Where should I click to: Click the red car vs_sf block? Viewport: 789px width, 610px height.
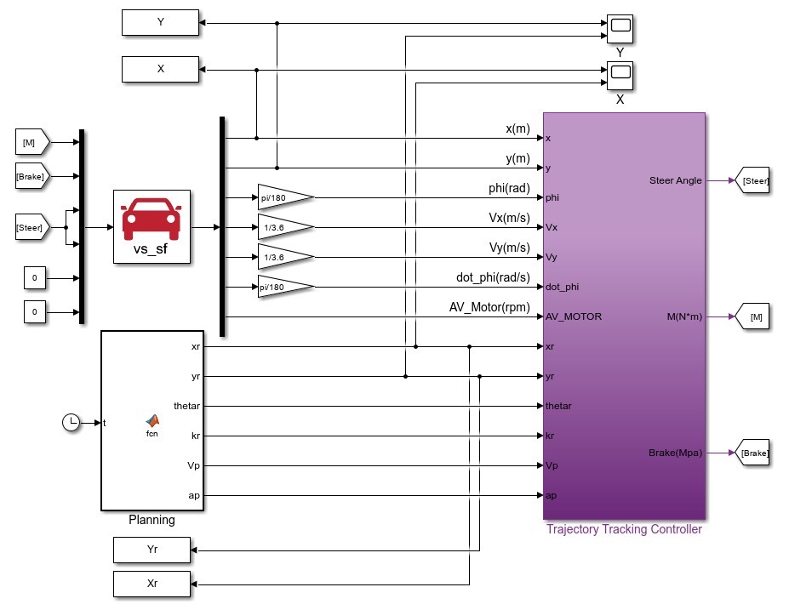pos(152,226)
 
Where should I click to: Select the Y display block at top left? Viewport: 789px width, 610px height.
pos(160,23)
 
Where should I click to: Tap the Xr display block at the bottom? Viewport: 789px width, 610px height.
pos(152,584)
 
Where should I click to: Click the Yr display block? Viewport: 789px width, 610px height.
pos(152,550)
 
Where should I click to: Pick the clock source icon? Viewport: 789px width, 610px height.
pos(71,423)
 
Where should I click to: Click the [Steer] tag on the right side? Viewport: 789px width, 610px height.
pos(752,180)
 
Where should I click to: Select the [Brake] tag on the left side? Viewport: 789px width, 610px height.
pos(32,176)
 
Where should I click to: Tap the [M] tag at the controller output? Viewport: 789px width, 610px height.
pos(752,316)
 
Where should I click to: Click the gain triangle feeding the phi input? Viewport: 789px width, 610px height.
pos(286,197)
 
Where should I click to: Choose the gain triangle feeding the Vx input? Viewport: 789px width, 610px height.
pos(286,227)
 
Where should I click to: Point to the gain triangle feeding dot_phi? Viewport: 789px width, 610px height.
pos(286,287)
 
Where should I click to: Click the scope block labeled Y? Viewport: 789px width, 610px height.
pos(620,29)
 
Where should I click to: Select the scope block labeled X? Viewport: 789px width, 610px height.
pos(620,76)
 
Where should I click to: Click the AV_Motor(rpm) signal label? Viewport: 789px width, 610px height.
pos(489,307)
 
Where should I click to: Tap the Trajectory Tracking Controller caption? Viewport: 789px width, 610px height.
pos(624,529)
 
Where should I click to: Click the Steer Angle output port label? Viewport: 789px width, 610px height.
pos(675,180)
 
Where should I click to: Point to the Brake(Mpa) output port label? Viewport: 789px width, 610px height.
pos(675,453)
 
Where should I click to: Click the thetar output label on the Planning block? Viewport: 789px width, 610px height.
pos(186,406)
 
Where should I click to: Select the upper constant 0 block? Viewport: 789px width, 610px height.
pos(35,277)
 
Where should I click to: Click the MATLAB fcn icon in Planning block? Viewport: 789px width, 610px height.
pos(152,420)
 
